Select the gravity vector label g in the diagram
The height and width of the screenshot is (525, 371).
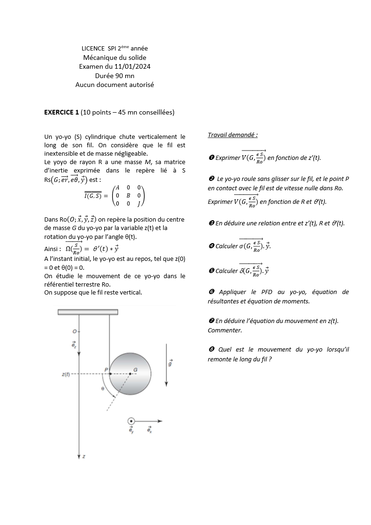(x=170, y=362)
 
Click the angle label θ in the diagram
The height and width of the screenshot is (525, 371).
(x=102, y=388)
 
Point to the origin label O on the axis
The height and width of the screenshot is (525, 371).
(x=74, y=331)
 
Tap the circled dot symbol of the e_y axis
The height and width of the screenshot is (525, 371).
(x=131, y=421)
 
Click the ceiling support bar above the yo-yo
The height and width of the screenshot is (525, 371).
(x=88, y=312)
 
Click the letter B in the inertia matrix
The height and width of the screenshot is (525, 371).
(x=128, y=195)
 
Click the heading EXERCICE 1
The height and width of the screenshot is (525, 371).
(x=61, y=112)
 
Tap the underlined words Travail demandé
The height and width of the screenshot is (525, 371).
(x=233, y=135)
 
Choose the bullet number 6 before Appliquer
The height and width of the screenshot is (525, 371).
(x=211, y=292)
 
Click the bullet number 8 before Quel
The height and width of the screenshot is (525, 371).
(x=211, y=350)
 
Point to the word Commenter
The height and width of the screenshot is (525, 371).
(x=225, y=331)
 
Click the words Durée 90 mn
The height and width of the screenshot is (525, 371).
(x=114, y=75)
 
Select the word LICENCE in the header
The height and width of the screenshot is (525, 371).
(x=93, y=49)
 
